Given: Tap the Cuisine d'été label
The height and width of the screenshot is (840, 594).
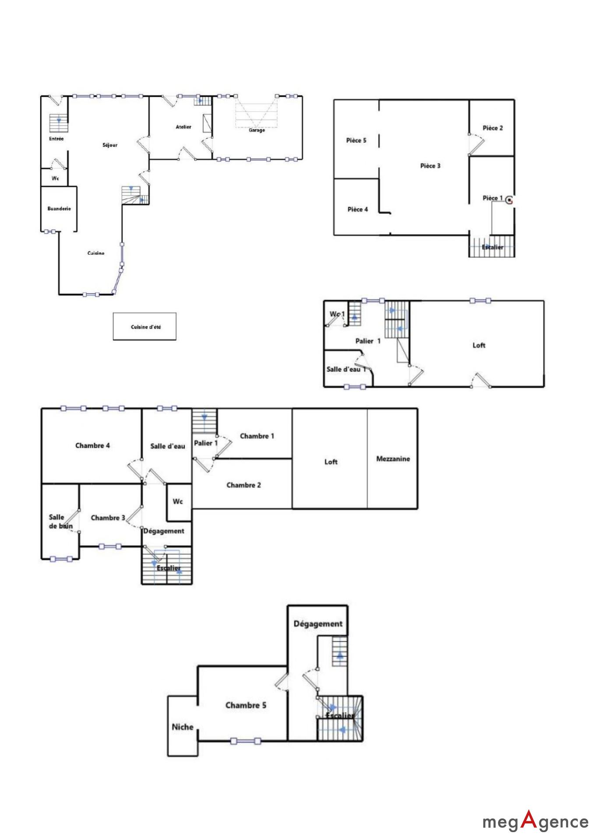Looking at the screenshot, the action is (x=146, y=327).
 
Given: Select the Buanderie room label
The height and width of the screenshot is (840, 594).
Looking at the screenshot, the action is (x=59, y=209).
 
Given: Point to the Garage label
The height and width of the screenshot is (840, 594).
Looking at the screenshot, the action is (x=257, y=130).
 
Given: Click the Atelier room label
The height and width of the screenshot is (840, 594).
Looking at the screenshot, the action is (x=184, y=127).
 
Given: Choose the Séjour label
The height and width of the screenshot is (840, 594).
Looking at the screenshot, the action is (x=110, y=145).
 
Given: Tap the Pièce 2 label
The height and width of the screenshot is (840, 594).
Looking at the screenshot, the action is (x=493, y=128).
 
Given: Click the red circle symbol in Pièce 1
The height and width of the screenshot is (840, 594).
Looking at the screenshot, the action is (x=509, y=200).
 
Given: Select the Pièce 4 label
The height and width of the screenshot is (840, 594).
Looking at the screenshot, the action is (x=358, y=209).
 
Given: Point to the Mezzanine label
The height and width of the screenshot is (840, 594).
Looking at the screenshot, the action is (x=393, y=458).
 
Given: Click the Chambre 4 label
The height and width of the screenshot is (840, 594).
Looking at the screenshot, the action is (x=92, y=445).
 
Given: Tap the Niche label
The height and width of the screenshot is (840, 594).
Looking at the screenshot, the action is (x=183, y=727).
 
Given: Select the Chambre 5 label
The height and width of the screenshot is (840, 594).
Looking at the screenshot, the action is (x=246, y=705).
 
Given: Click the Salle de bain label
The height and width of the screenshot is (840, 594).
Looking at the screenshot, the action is (x=60, y=521).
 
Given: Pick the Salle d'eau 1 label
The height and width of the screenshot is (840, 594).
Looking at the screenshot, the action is (x=346, y=369).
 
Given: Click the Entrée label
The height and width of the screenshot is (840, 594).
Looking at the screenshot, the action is (x=56, y=139).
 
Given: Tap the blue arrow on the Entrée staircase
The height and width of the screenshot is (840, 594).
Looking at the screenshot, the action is (x=59, y=119).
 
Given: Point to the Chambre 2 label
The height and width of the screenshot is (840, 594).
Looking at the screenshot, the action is (x=244, y=485).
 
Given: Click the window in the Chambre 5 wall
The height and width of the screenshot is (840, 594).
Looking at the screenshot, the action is (x=246, y=741).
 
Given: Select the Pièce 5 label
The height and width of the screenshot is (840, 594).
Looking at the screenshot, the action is (x=356, y=140).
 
